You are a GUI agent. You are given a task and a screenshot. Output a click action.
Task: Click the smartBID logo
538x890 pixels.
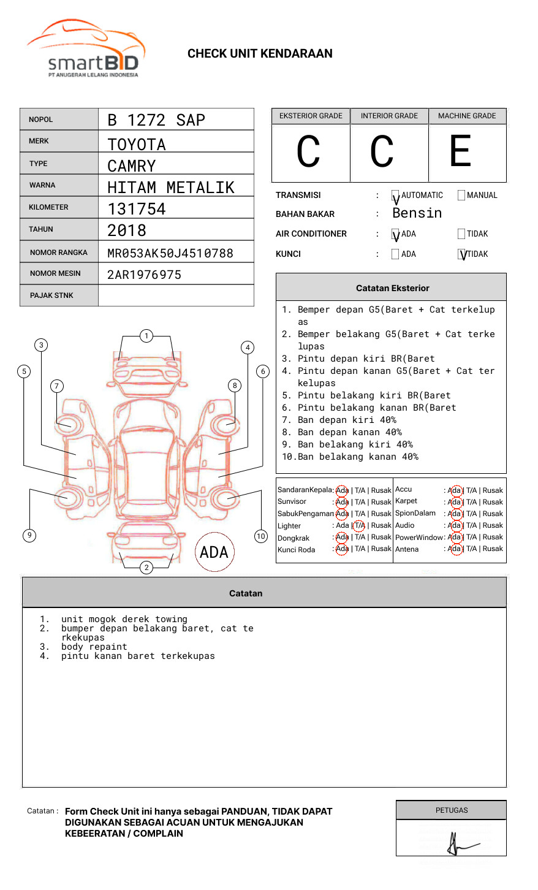86,49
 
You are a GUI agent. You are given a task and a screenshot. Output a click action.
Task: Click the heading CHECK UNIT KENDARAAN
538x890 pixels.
260,54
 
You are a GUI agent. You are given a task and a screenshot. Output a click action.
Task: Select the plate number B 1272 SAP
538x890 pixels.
156,120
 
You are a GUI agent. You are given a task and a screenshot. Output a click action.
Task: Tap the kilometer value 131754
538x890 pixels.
137,209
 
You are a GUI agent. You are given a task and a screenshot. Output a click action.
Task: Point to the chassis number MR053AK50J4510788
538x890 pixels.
170,253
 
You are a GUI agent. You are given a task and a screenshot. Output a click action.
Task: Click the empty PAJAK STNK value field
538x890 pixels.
176,295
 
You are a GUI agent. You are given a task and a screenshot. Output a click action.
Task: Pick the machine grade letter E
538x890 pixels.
461,151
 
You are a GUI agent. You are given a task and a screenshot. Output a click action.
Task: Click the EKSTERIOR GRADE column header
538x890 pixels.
311,116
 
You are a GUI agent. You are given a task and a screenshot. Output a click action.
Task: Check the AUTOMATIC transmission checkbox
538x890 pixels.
395,196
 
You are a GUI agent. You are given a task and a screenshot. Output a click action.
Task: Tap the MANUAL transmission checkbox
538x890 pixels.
461,196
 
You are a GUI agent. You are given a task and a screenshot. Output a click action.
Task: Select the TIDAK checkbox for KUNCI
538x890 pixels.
462,254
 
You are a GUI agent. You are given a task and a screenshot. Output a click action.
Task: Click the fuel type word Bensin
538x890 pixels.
417,213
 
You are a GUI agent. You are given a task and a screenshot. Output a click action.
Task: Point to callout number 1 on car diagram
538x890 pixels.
146,335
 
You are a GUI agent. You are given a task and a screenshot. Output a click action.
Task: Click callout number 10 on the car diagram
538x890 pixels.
261,536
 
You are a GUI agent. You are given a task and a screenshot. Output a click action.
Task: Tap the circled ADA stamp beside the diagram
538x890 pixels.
214,552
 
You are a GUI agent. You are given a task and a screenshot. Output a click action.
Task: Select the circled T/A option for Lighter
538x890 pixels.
359,525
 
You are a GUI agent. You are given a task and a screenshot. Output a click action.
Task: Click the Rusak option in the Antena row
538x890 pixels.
493,549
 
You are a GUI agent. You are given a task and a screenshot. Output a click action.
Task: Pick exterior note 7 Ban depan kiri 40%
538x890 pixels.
346,420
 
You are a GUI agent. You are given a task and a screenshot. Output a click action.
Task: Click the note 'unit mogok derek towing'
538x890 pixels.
124,619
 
